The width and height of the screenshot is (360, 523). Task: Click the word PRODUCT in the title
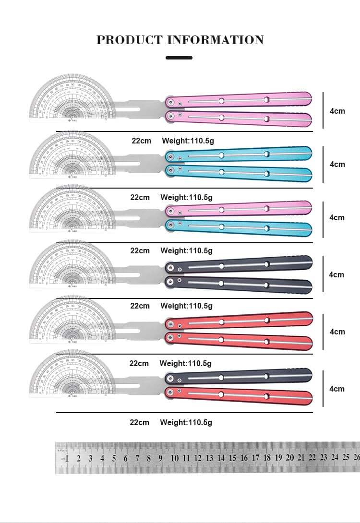[x=130, y=40]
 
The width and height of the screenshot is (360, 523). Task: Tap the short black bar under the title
[x=179, y=58]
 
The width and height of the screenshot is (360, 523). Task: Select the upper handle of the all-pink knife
[x=240, y=100]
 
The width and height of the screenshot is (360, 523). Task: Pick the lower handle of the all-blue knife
[x=240, y=172]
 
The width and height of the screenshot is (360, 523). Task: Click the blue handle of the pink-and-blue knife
[x=240, y=226]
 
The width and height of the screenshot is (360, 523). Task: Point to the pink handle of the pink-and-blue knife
[x=240, y=209]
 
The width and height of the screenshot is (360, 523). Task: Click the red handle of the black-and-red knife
[x=240, y=395]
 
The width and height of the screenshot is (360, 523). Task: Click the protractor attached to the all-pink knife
[x=72, y=98]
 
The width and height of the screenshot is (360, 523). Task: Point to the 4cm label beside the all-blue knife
[x=337, y=164]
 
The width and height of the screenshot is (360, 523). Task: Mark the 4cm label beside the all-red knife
[x=337, y=332]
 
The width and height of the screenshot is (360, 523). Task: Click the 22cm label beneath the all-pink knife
[x=142, y=141]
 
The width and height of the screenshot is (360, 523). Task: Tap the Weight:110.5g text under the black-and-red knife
[x=186, y=422]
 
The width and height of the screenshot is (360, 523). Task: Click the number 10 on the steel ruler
[x=174, y=458]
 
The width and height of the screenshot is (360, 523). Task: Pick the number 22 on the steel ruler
[x=312, y=458]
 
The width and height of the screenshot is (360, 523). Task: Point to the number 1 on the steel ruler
[x=67, y=459]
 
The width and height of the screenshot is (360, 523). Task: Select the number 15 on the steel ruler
[x=232, y=458]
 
